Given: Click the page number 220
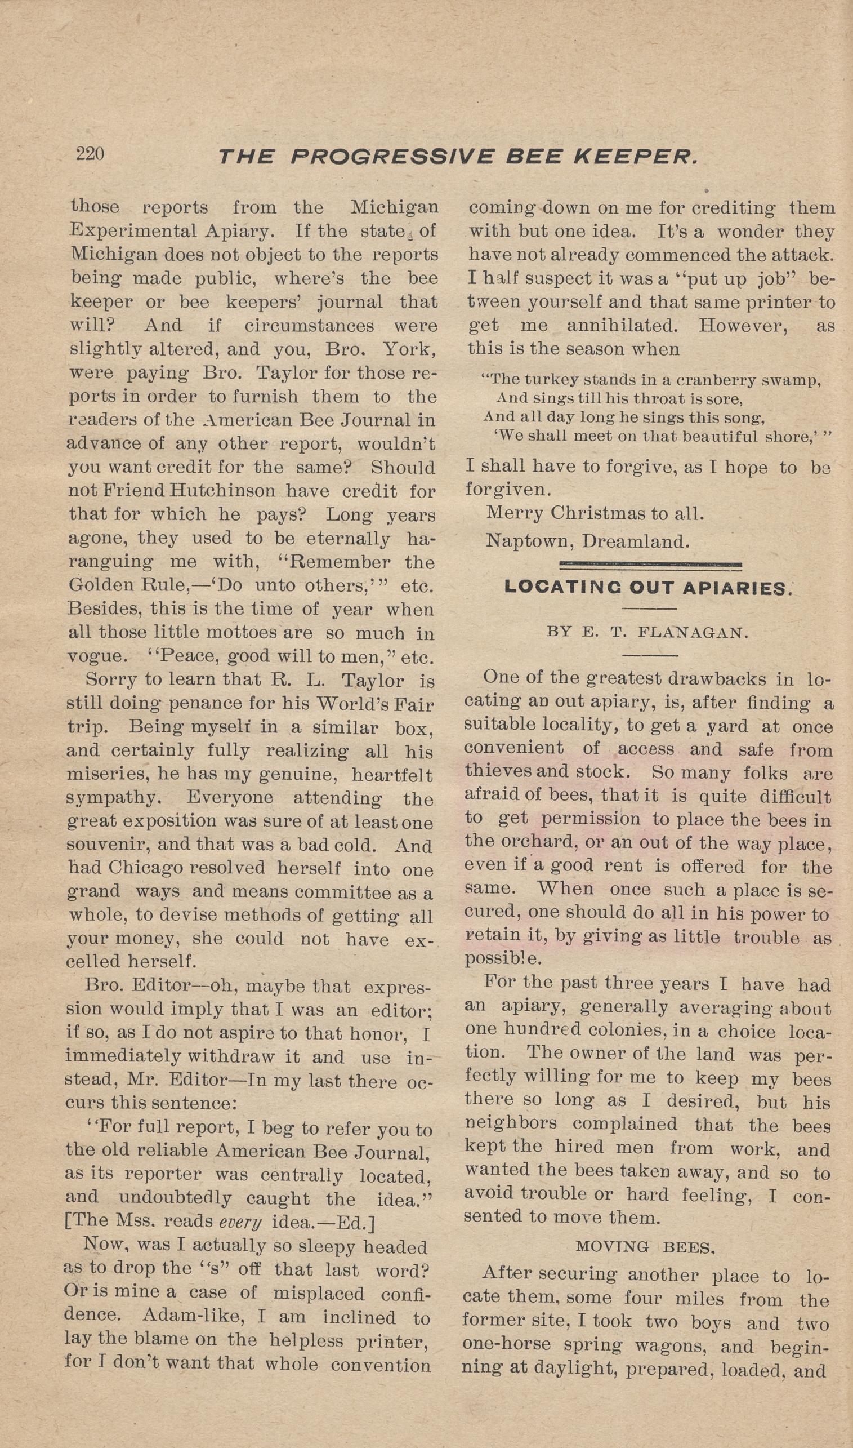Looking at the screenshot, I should pos(90,154).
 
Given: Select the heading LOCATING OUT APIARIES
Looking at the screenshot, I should pos(647,588).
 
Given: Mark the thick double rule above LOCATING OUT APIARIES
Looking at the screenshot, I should pos(651,565).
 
